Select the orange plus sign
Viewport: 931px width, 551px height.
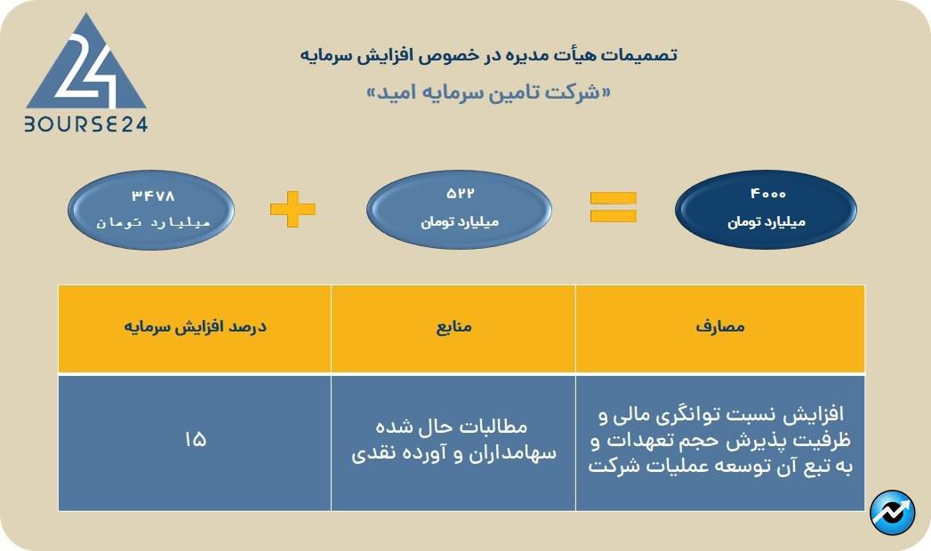click(x=293, y=210)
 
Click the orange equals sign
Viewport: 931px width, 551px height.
click(x=614, y=206)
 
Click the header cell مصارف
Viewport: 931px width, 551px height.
click(x=719, y=327)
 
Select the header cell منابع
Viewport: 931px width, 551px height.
click(x=453, y=327)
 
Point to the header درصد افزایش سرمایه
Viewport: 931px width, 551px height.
click(x=195, y=327)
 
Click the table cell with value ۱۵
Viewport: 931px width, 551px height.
click(x=195, y=440)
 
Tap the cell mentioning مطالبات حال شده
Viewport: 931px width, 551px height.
click(x=453, y=440)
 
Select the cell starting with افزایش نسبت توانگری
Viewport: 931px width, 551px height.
click(x=719, y=441)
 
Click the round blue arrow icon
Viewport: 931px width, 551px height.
click(x=892, y=512)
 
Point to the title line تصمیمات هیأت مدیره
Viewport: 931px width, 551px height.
click(x=487, y=54)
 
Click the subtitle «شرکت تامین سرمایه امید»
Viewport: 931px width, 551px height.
click(x=488, y=92)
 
